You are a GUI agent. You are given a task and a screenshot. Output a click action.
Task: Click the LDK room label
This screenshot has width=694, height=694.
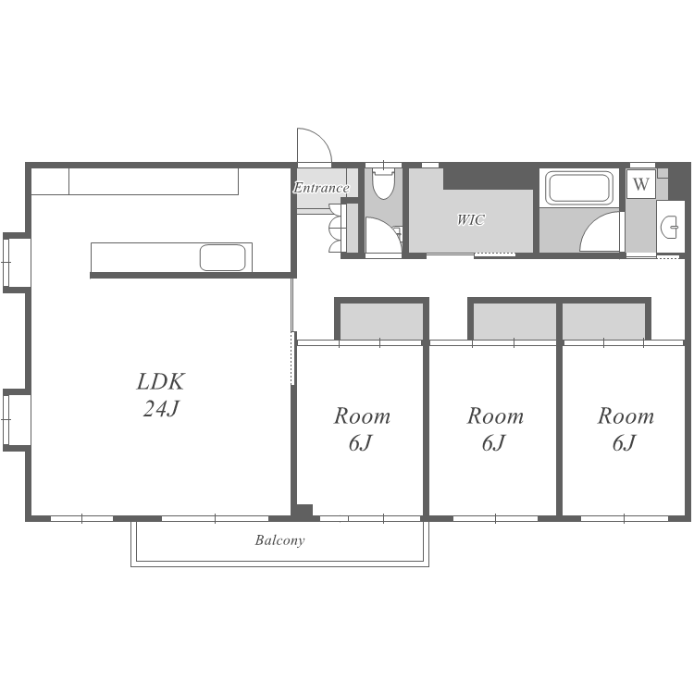[160, 381]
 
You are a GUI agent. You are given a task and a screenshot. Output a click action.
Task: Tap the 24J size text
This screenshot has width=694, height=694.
[161, 408]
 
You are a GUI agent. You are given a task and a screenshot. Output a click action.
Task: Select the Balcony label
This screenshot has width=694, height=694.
[279, 540]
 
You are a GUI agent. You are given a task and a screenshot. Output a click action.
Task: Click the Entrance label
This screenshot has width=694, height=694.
[321, 188]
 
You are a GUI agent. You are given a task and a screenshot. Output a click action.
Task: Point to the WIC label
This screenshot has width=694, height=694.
[470, 219]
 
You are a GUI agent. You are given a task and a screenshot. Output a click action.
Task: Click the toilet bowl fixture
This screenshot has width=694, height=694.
[383, 183]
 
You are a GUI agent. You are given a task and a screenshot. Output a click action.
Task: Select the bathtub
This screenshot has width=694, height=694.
[579, 188]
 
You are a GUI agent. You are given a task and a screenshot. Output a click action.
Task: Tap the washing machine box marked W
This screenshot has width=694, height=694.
[641, 184]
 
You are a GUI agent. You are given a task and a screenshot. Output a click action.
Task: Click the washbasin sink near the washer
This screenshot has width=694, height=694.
[669, 227]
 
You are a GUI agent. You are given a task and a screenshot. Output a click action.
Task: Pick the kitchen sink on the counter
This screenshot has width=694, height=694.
[222, 257]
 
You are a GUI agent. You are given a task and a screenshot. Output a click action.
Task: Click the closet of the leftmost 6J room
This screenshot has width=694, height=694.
[381, 321]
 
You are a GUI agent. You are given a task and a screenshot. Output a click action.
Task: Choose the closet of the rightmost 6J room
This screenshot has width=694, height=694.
[603, 321]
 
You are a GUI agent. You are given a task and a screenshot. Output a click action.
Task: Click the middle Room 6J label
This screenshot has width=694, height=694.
[495, 428]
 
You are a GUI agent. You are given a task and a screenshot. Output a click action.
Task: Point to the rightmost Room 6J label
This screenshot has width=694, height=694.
[626, 428]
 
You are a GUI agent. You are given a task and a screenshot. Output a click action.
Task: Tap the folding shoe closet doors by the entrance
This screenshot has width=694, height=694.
[335, 229]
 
